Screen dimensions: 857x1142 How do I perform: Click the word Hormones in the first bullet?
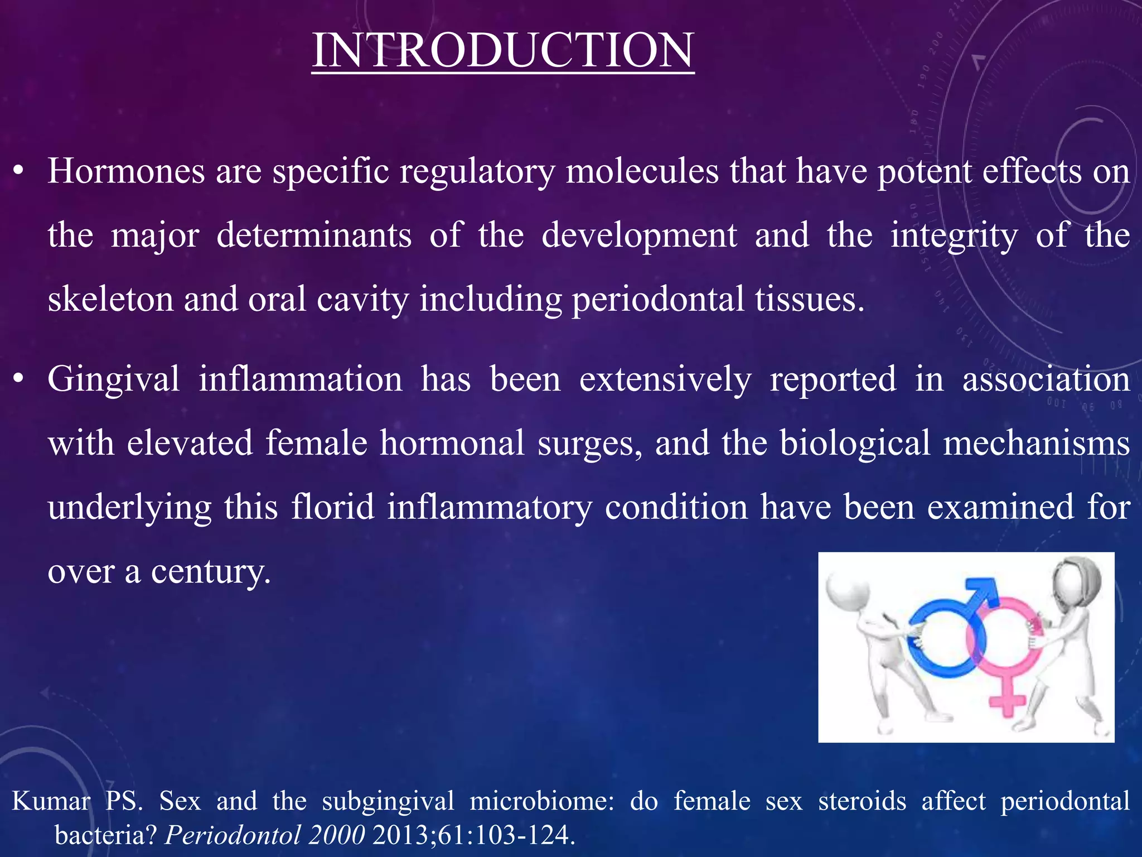pos(126,171)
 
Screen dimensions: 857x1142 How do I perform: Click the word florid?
pos(332,507)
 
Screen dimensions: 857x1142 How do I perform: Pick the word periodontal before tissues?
pos(658,299)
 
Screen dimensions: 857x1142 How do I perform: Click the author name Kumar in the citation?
pos(51,801)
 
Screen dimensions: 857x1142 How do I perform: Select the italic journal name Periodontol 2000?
pos(265,835)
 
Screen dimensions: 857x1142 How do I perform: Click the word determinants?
pos(313,235)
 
